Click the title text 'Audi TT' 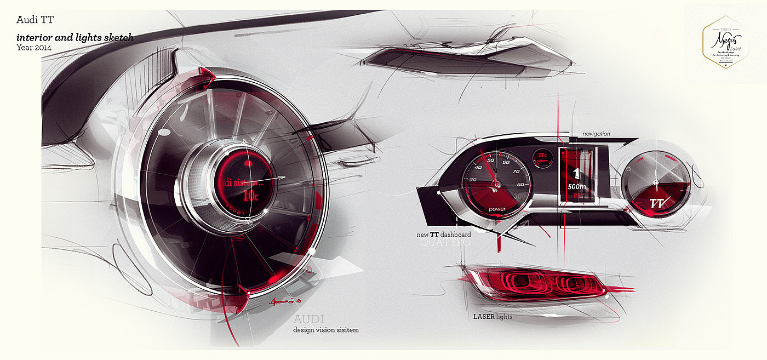(35, 20)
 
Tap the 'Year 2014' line (34, 47)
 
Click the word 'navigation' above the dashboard (596, 134)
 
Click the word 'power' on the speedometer (497, 209)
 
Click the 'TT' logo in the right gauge (657, 204)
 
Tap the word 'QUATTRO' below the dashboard (445, 242)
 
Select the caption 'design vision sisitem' (326, 330)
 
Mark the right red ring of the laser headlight (575, 284)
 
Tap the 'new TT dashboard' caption (444, 235)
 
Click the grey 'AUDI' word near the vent (308, 319)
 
